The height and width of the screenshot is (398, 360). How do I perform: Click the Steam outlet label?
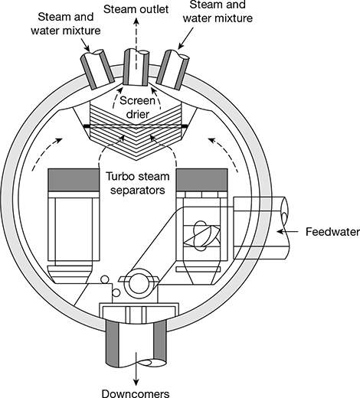(136, 9)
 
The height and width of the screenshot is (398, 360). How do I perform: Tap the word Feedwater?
(332, 232)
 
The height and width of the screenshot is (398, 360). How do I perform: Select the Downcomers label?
(136, 393)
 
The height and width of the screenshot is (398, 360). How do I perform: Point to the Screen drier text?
(137, 107)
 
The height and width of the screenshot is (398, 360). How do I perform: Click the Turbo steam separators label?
(138, 183)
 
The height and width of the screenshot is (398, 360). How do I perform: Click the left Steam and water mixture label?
(66, 24)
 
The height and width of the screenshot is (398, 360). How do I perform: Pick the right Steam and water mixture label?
(218, 11)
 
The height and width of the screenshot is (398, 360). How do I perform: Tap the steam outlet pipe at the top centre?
(136, 67)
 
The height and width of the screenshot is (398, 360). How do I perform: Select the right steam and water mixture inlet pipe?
(172, 69)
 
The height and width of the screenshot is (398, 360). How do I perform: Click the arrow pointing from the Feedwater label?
(287, 232)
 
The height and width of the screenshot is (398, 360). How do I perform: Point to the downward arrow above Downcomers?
(136, 369)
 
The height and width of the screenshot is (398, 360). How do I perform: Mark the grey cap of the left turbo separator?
(74, 180)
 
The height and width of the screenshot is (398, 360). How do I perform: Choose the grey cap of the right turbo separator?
(201, 180)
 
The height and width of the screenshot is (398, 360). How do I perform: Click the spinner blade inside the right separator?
(202, 236)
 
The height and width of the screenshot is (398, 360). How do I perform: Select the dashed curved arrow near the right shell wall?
(224, 155)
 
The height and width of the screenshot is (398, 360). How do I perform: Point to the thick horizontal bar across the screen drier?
(136, 126)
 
